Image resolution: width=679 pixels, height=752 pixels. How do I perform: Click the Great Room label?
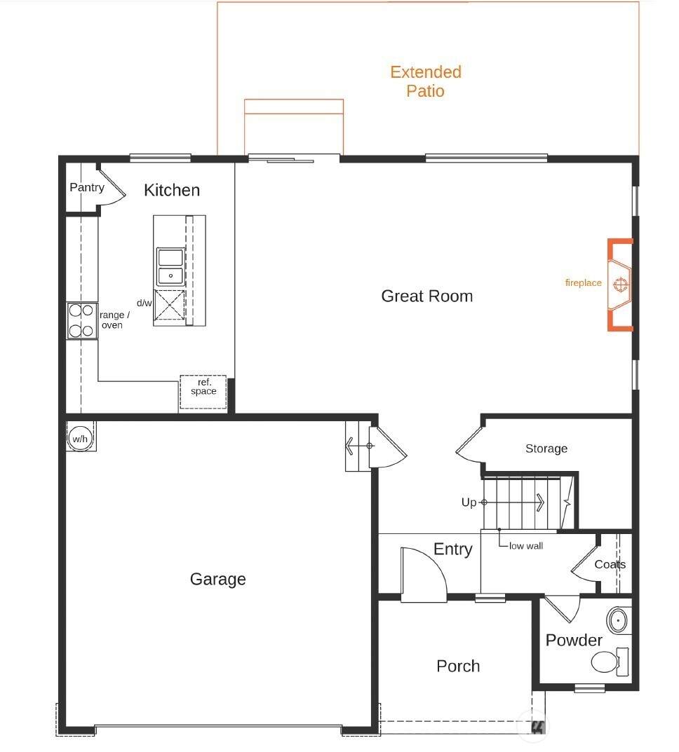426,296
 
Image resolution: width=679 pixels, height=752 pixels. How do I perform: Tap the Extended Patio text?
426,81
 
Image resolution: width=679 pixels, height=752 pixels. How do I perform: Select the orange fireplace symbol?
621,285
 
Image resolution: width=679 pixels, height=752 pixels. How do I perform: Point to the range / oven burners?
81,320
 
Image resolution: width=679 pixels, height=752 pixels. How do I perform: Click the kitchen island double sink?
170,266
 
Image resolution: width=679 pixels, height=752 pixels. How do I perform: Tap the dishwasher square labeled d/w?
169,305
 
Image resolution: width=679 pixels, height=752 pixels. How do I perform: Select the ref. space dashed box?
203,392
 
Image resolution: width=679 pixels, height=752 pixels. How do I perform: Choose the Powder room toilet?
609,662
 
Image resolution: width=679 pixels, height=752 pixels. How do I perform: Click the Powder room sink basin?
618,620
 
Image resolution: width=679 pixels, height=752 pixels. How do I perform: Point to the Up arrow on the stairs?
513,502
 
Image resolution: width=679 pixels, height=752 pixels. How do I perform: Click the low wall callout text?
526,546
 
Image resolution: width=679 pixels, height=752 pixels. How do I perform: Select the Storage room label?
546,449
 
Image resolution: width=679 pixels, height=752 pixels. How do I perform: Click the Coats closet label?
610,564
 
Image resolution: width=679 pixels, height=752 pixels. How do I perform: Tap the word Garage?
218,579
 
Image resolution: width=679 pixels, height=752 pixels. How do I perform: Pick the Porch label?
458,666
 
